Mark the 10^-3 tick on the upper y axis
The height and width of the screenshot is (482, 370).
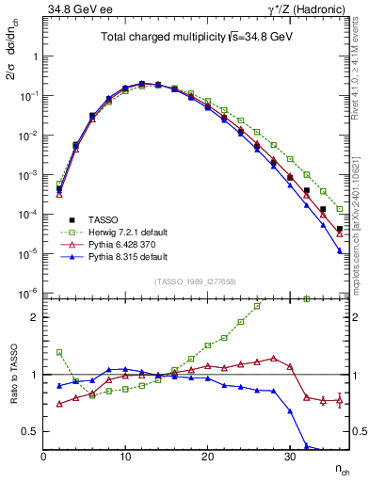pyautogui.click(x=28, y=175)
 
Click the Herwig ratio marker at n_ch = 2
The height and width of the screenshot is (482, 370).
pyautogui.click(x=59, y=352)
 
